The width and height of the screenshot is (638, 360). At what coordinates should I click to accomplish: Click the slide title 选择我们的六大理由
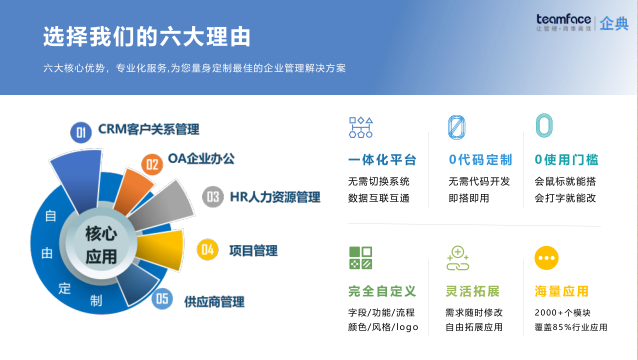146,37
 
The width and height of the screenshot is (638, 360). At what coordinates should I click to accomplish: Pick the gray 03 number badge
212,197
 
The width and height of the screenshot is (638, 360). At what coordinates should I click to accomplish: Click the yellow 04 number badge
208,249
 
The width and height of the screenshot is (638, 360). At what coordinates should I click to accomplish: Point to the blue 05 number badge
162,298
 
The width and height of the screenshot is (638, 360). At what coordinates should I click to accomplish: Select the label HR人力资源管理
275,197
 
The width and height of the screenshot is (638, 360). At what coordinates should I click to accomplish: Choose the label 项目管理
253,250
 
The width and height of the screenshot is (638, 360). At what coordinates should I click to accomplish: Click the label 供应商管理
214,301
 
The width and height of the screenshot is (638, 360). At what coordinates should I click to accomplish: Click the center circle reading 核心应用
101,243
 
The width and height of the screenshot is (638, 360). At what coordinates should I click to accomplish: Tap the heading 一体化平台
382,160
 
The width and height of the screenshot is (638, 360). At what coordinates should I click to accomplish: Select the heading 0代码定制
481,160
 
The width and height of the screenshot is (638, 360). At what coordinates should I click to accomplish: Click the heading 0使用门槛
567,160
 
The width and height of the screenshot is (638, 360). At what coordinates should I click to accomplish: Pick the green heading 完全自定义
382,291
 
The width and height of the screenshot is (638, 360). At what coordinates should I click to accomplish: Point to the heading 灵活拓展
472,291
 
